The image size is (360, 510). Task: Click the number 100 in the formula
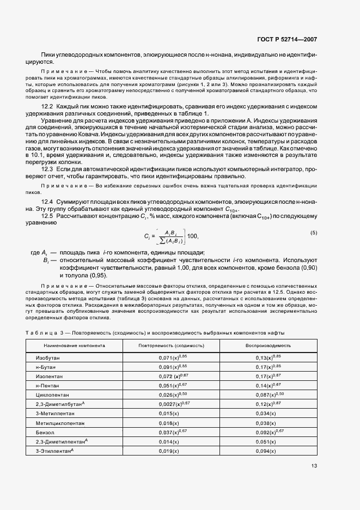193,236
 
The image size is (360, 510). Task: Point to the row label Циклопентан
52,394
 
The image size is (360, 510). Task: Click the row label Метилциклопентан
60,422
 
